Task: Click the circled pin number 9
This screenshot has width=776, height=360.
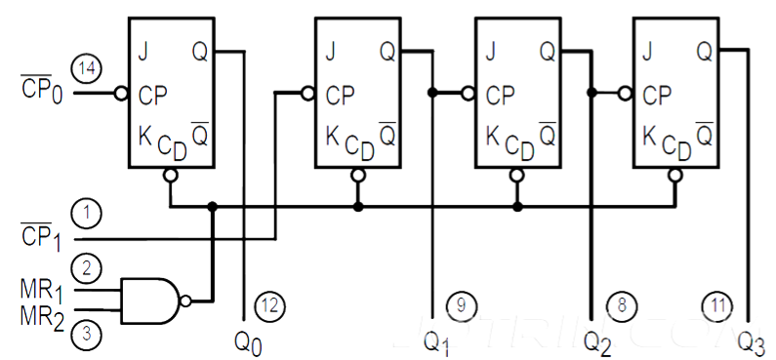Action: (x=461, y=305)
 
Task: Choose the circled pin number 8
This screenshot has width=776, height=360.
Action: (x=621, y=305)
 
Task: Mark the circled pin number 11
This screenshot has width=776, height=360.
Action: (x=718, y=305)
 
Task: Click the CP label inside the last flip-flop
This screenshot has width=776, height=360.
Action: (x=658, y=95)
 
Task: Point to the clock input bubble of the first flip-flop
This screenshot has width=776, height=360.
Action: (x=121, y=95)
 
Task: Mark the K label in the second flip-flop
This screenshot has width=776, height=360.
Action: (x=333, y=138)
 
